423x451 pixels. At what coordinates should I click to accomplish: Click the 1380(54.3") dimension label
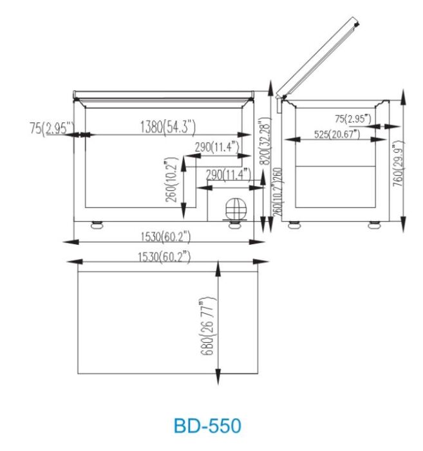coord(168,126)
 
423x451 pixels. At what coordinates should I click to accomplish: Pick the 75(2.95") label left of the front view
coord(52,128)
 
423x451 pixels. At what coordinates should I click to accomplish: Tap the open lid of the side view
coord(318,57)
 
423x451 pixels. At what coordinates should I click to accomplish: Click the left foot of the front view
coord(97,225)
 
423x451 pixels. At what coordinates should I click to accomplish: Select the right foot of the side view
coord(374,225)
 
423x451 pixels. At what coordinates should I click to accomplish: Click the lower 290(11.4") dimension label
coord(228,174)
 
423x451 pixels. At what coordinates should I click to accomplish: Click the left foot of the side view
coord(294,225)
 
